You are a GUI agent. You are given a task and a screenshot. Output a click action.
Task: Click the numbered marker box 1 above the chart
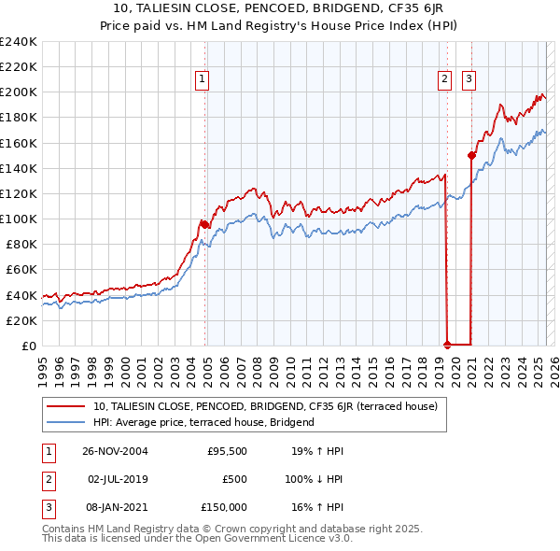pos(203,80)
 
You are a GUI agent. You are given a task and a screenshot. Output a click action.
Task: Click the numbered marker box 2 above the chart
pos(446,80)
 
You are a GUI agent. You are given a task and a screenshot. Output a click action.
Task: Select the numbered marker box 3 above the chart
pos(469,80)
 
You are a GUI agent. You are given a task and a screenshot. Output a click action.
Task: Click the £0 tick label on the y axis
pos(28,346)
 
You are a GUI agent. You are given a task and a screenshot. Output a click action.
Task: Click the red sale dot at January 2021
pos(471,155)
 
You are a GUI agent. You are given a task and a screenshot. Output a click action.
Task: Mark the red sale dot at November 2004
pos(204,224)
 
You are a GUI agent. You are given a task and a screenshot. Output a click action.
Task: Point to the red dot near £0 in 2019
pos(447,345)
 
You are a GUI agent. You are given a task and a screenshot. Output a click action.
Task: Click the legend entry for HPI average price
pos(203,422)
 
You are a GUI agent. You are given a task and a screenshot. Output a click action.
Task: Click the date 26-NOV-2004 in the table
pos(115,451)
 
